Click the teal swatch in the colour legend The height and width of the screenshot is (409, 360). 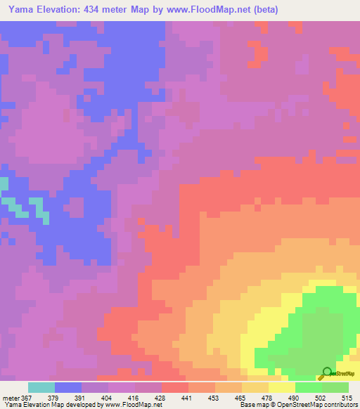[x=41, y=387]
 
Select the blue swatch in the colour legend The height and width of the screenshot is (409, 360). [x=68, y=387]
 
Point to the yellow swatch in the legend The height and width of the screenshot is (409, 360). [x=281, y=387]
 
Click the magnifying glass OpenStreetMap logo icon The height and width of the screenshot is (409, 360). [x=326, y=373]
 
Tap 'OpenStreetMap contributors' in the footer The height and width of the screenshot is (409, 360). [x=317, y=405]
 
